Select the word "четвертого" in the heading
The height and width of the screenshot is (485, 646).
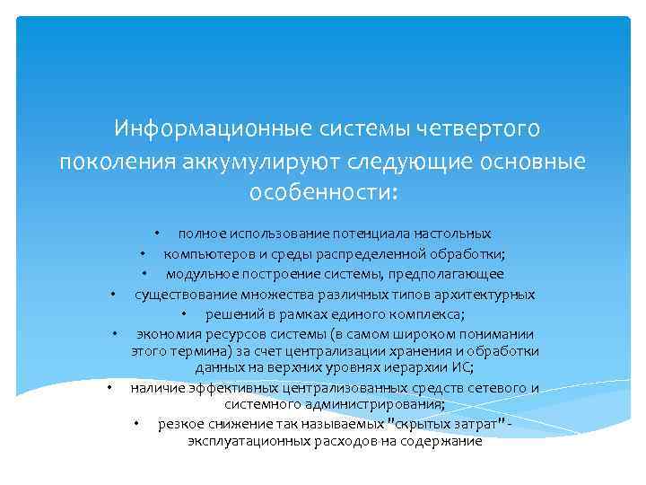[478, 129]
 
